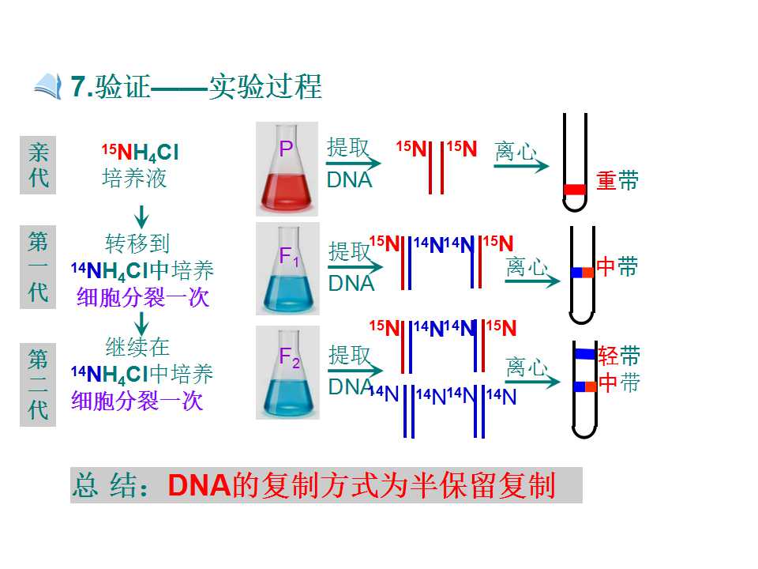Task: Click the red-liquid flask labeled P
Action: (287, 168)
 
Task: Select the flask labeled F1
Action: (287, 269)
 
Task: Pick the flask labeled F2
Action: (287, 372)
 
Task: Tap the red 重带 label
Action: (617, 180)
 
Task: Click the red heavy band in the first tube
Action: (574, 189)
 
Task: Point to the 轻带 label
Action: (619, 356)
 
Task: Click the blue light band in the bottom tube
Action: (584, 354)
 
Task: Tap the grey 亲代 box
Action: (38, 165)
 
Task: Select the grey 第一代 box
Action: (38, 266)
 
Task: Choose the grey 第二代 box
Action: (38, 385)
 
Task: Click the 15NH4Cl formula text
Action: (141, 153)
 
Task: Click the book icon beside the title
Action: (48, 86)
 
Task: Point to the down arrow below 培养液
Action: (141, 217)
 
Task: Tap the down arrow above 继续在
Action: (141, 323)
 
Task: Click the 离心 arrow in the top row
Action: (521, 166)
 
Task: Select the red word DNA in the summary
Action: (199, 485)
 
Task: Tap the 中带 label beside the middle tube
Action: (617, 266)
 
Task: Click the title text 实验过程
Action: (265, 87)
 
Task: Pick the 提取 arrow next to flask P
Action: (354, 163)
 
